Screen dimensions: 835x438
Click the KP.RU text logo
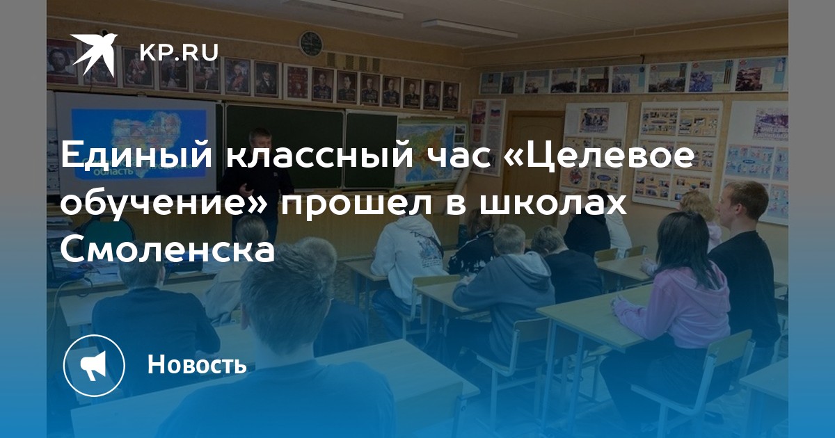(x=179, y=52)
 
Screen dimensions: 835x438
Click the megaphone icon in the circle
(x=94, y=365)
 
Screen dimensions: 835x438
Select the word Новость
(x=197, y=364)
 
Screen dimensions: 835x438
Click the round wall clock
(x=311, y=44)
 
